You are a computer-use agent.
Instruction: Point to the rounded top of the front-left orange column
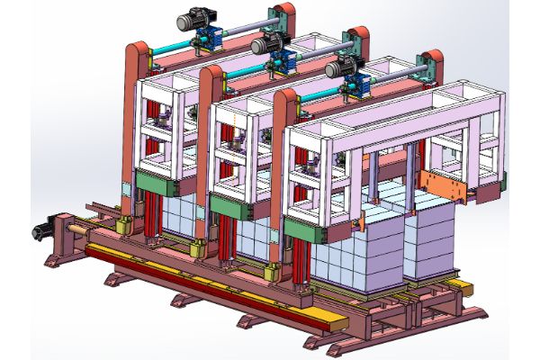284,97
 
